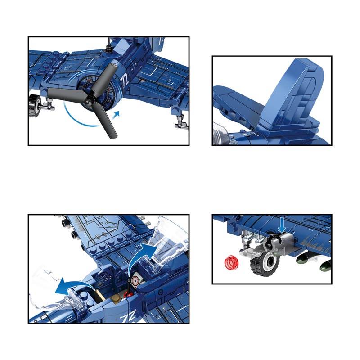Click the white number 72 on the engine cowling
coord(125,81)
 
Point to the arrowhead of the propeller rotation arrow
coord(117,114)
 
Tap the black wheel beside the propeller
coord(35,106)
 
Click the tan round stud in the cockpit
coord(116,298)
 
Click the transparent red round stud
coord(231,262)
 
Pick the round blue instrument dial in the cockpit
coord(103,275)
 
